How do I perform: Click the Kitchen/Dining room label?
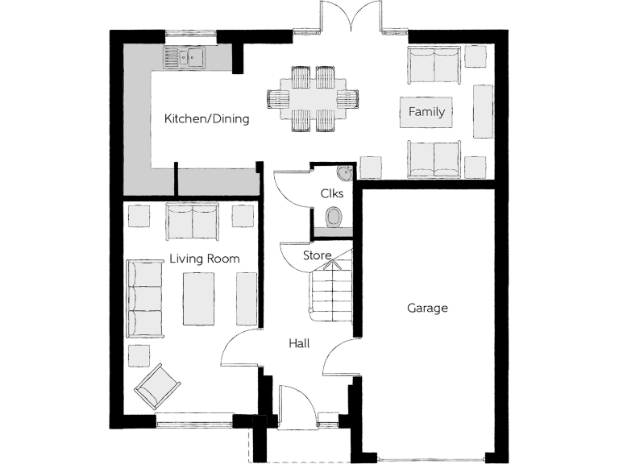(x=206, y=118)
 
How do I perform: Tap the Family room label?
(x=426, y=112)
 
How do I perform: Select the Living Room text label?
(x=204, y=259)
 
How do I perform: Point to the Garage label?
(x=426, y=308)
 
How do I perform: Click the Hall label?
(x=300, y=343)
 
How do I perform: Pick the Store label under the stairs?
(x=317, y=255)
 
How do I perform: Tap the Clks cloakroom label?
(x=331, y=193)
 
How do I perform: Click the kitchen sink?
(x=185, y=56)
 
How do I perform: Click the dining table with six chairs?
(x=313, y=98)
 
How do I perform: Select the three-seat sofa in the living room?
(x=144, y=298)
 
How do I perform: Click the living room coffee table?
(x=198, y=298)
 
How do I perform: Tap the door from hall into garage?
(x=340, y=358)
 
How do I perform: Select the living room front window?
(x=193, y=420)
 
